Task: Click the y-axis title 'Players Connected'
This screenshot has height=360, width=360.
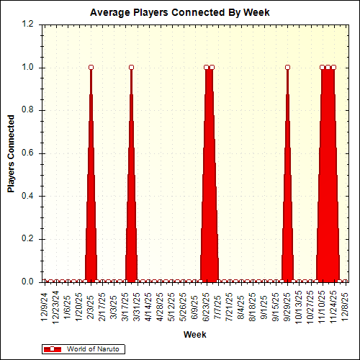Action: pos(12,153)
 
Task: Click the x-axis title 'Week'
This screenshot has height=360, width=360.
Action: pos(194,335)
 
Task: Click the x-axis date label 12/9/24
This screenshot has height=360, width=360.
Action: pos(45,305)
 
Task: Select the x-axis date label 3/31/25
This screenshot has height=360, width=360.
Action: pos(137,305)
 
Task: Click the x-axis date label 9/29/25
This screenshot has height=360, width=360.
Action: pos(287,305)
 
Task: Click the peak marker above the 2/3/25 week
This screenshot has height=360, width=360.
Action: pos(91,68)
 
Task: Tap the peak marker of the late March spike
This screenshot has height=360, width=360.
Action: pos(131,68)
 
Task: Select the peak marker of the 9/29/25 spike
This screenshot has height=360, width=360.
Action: pos(287,68)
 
